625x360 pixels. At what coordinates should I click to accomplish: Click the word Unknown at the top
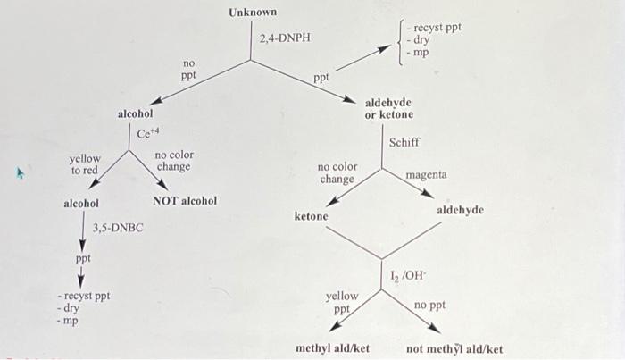coord(253,13)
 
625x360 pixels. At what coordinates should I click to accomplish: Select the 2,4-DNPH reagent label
coord(284,39)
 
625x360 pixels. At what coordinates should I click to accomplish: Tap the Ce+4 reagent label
coord(148,135)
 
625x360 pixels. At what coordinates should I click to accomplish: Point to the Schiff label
coord(404,142)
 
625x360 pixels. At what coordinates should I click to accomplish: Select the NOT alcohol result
coord(185,201)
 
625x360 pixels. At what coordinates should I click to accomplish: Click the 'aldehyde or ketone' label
coord(389,109)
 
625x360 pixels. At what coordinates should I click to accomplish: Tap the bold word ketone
coord(312,216)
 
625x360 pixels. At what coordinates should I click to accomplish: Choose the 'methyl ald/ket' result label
coord(332,348)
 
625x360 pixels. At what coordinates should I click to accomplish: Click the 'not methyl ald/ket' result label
coord(454,348)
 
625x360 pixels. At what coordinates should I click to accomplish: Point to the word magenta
coord(426,175)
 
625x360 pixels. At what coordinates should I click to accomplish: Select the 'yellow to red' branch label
coord(86,164)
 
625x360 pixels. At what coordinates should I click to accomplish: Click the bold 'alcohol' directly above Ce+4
coord(135,114)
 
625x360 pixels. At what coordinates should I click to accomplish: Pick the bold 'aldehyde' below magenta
coord(460,209)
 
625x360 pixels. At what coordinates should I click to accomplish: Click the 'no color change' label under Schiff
coord(337,172)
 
